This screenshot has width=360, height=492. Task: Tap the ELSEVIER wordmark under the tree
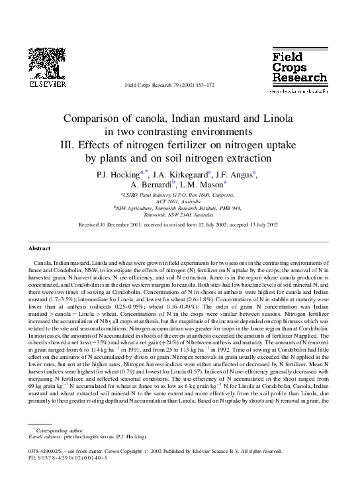pos(43,85)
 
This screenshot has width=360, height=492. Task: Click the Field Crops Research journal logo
pos(299,69)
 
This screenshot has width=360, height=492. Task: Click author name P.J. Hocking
pos(118,175)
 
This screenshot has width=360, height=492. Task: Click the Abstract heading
pos(39,248)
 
